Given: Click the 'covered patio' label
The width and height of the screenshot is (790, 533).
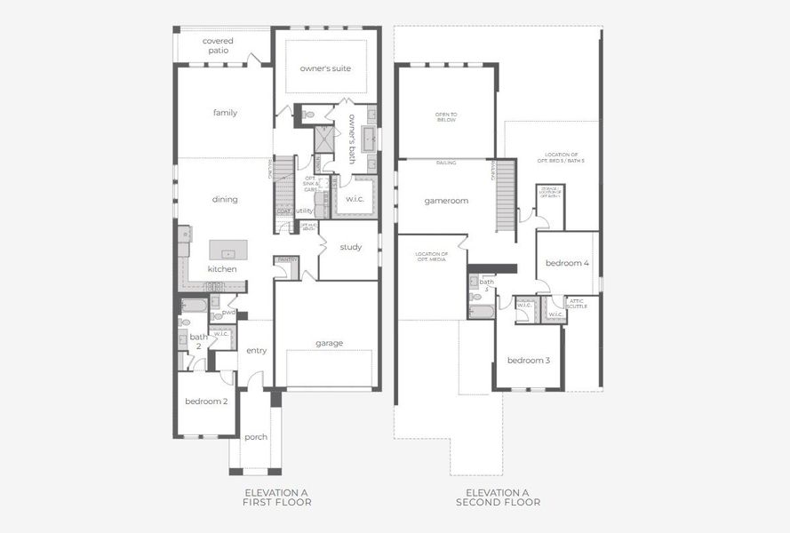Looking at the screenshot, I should pos(218,45).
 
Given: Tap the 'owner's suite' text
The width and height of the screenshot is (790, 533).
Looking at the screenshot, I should pos(325,68).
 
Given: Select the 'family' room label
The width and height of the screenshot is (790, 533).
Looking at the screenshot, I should pos(225,113).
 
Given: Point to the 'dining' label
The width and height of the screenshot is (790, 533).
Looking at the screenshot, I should pos(225,199).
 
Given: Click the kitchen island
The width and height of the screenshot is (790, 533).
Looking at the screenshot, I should pos(227,250).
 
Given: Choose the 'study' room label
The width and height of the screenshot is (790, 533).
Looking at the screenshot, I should pos(351,247).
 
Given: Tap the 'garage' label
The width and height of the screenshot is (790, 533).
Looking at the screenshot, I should pos(329,343).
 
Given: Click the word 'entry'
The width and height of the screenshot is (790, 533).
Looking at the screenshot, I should pos(257,350).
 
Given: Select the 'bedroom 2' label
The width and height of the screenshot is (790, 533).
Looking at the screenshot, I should pos(206,401).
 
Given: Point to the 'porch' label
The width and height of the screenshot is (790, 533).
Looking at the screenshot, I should pos(256,436).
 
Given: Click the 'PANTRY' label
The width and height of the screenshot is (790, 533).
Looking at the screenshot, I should pos(287,259).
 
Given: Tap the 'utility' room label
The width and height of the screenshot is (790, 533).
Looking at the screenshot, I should pos(305,211).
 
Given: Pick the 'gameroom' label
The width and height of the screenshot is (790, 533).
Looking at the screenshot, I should pos(446,201).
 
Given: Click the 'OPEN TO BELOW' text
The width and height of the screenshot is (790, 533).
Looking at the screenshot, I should pos(445,116).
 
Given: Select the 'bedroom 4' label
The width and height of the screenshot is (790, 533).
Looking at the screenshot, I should pos(567,263).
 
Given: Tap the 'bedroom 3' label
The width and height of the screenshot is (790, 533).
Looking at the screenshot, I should pos(529,360).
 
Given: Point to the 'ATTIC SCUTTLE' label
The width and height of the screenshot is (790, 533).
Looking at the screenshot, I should pos(577,303).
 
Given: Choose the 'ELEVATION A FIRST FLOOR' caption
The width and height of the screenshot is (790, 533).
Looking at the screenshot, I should pos(277,497).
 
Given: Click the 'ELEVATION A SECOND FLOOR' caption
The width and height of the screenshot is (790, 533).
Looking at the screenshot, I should pos(498,497).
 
